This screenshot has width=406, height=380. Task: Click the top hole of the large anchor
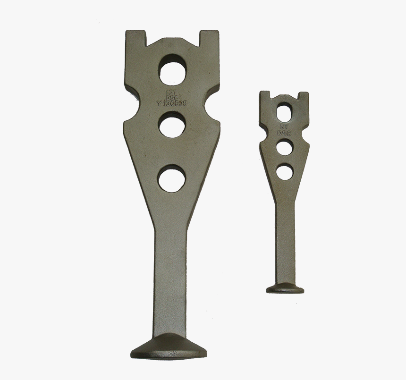coord(173,69)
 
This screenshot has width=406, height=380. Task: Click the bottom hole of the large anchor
coord(171,178)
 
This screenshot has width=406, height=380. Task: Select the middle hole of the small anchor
coord(284,148)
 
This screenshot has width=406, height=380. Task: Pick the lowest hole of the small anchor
coord(284,171)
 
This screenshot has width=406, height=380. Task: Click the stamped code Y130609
coord(172,101)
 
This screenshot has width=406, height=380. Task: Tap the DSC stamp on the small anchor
coord(284,134)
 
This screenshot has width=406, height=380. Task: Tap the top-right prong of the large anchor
coord(209,40)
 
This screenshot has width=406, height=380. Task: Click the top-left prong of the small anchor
coord(265,97)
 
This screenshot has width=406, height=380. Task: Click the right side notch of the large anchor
coord(212,105)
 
